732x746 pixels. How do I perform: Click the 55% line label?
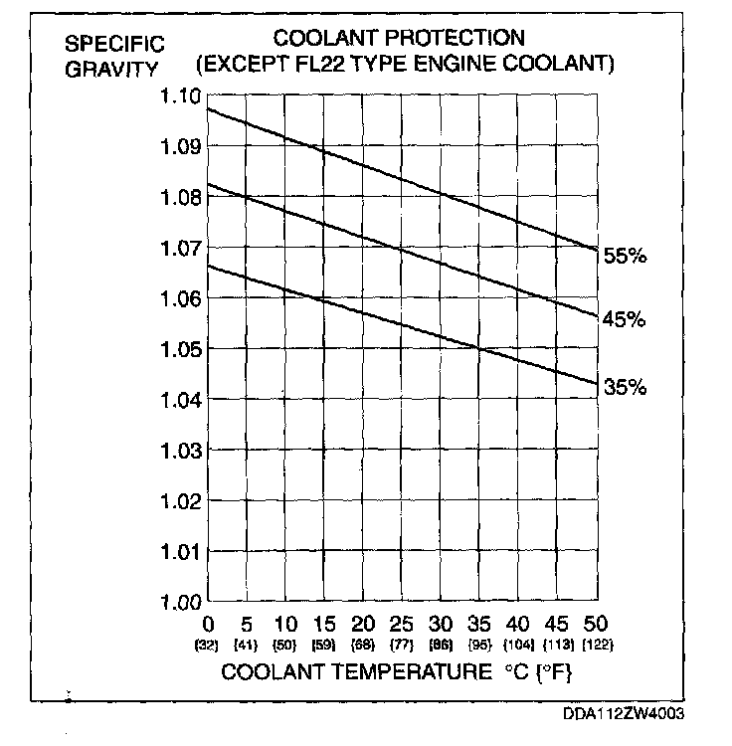(x=625, y=256)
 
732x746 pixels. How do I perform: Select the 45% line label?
(x=625, y=319)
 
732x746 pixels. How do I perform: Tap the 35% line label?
(x=625, y=387)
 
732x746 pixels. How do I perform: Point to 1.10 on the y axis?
(x=180, y=96)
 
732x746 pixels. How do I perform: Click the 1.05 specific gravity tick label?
(x=180, y=349)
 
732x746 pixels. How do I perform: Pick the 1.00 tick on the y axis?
(x=180, y=602)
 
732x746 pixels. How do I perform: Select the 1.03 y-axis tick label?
(x=180, y=451)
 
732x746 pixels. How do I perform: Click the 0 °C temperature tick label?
(x=209, y=626)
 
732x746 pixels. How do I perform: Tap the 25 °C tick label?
(x=402, y=626)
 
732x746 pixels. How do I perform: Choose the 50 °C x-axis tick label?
(x=595, y=626)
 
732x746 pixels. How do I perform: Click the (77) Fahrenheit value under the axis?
(x=402, y=645)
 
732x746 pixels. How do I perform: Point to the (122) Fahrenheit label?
(x=595, y=645)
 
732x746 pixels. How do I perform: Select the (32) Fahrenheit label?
(x=209, y=645)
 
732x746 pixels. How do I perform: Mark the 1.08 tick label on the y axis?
(x=180, y=198)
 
